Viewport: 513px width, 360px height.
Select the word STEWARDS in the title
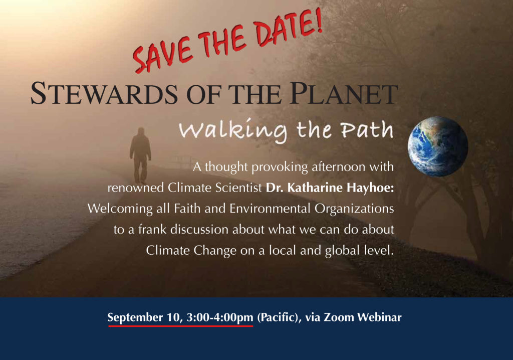click(x=104, y=94)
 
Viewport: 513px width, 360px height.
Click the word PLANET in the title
click(x=344, y=94)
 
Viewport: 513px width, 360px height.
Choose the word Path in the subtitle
click(x=367, y=130)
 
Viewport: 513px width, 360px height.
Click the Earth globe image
click(x=438, y=146)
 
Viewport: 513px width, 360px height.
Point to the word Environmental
click(x=270, y=209)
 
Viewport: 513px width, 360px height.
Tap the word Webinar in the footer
click(x=379, y=317)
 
